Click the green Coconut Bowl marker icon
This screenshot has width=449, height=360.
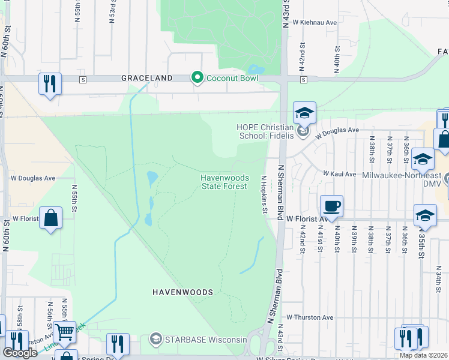196,78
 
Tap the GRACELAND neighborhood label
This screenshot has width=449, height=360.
147,78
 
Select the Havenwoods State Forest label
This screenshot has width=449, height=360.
223,182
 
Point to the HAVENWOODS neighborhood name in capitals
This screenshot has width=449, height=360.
182,292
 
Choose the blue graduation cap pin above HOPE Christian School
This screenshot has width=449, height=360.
304,113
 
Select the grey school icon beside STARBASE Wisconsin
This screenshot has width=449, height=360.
156,340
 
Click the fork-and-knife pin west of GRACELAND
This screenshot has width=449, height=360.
50,83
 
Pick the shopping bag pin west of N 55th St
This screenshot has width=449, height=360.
51,218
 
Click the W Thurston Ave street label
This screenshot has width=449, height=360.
309,317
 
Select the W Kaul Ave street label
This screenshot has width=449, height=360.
339,173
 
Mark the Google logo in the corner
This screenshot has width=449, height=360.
20,353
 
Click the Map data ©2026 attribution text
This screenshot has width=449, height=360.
424,355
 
